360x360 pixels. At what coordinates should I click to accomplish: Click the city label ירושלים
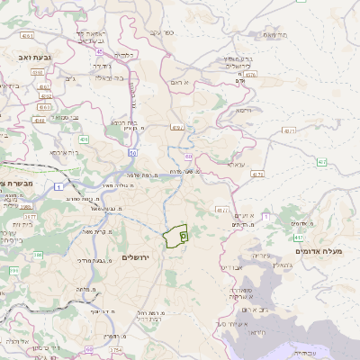pos(139,257)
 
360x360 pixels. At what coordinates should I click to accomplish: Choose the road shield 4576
pos(251,75)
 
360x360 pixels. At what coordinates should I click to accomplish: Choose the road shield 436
pos(83,139)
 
